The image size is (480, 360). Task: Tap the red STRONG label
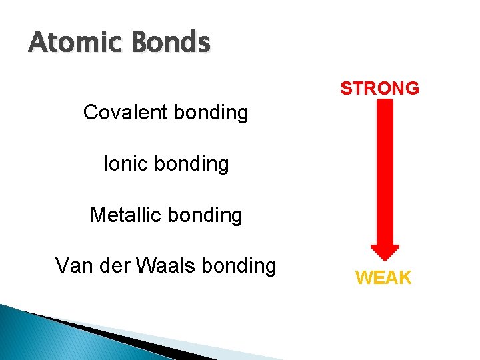coord(379,88)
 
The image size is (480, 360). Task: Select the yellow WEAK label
coord(383,278)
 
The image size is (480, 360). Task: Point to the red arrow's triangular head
coord(384,250)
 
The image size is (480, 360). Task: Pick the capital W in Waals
coord(145,265)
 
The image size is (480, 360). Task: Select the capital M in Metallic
coord(98,215)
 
